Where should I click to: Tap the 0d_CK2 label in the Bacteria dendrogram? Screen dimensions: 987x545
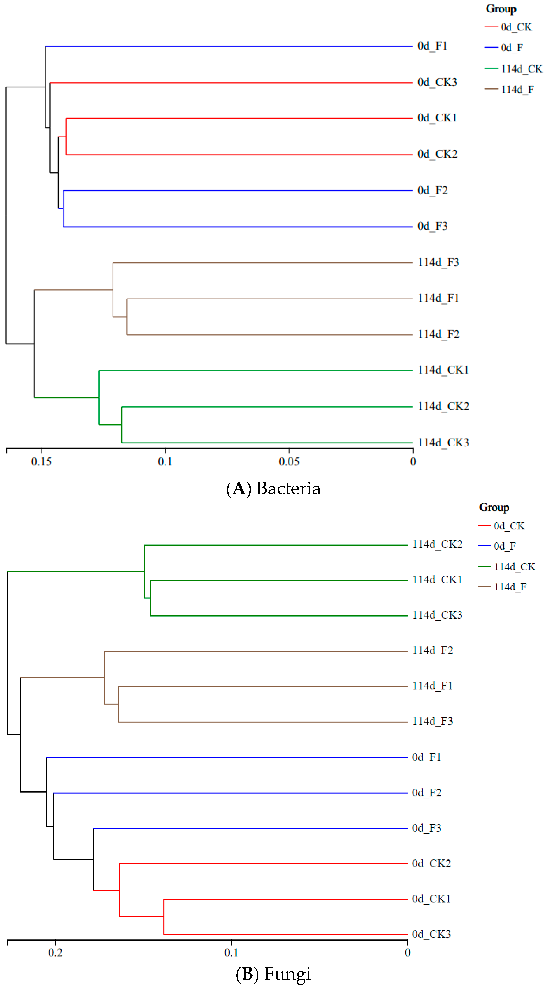click(437, 154)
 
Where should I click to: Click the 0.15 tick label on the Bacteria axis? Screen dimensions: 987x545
click(41, 461)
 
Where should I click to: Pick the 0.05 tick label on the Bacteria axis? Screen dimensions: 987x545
click(289, 461)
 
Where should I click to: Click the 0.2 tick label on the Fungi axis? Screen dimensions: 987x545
click(56, 953)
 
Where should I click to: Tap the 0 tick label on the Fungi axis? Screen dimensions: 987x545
click(408, 953)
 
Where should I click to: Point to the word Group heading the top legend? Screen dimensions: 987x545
click(501, 9)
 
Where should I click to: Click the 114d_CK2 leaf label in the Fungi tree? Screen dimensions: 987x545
click(437, 544)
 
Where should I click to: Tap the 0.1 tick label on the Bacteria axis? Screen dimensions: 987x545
click(165, 461)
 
